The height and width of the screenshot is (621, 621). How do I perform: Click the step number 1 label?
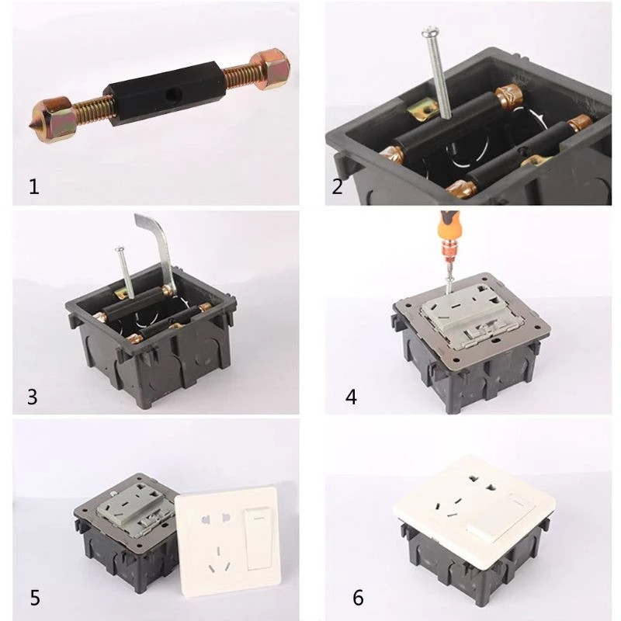pos(34,186)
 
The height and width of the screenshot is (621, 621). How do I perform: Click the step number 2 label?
pos(337,186)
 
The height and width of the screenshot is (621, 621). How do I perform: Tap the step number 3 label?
pos(33,397)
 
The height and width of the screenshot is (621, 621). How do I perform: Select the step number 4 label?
pos(351,397)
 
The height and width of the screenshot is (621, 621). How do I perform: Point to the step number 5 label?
pos(35,598)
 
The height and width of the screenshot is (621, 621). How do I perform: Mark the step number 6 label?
pos(358,598)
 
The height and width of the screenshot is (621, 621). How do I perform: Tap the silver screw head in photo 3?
pos(120,249)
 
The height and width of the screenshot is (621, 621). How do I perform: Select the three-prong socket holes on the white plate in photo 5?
pos(218,560)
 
